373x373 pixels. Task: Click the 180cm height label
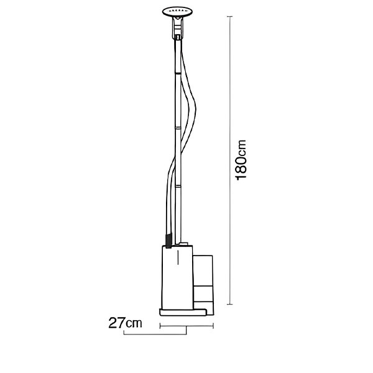(x=241, y=160)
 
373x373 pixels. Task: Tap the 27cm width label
(x=125, y=323)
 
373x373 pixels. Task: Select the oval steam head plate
(x=177, y=12)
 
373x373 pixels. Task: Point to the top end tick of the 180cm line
(x=229, y=16)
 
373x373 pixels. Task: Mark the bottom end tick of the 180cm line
(x=229, y=304)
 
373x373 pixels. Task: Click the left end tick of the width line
(x=160, y=326)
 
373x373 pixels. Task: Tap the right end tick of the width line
(x=213, y=326)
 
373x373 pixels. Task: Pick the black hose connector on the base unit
(x=168, y=241)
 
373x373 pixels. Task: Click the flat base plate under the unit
(x=183, y=312)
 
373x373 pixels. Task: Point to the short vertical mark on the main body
(x=178, y=257)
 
